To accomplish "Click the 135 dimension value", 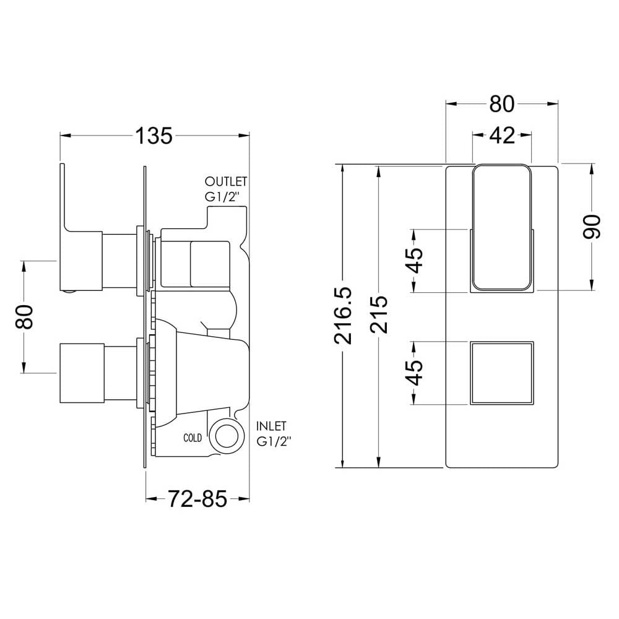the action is point(154,136).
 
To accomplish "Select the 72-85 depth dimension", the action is point(197,498).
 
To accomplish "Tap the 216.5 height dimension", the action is point(343,316).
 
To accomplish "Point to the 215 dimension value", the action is point(379,314).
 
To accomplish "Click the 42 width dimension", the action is point(502,136).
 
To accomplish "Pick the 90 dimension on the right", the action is point(591,227).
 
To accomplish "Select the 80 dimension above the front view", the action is point(502,104).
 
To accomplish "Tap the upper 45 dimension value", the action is point(415,261).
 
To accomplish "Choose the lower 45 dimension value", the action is point(415,373).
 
